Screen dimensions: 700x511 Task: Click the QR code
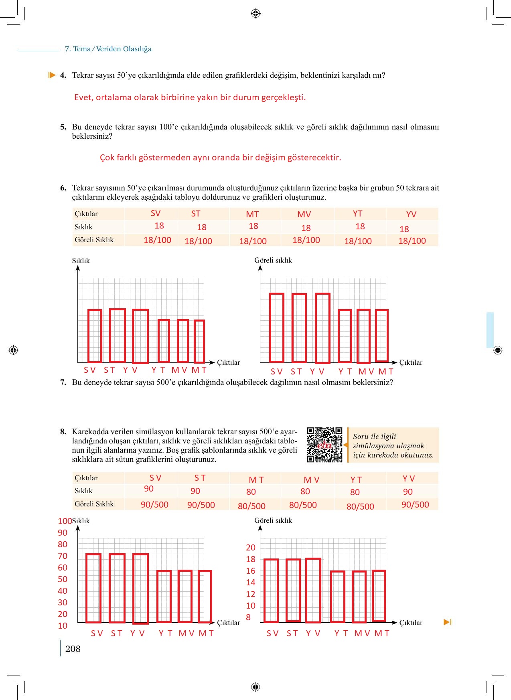(x=324, y=445)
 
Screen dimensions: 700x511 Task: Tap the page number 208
(x=73, y=649)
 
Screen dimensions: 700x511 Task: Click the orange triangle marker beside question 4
(x=52, y=75)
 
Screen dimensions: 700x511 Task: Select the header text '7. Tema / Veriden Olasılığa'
(x=108, y=49)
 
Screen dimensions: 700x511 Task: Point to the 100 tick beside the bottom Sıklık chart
(x=65, y=521)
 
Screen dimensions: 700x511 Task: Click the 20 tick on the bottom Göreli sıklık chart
(x=251, y=547)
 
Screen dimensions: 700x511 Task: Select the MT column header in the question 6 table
(x=252, y=214)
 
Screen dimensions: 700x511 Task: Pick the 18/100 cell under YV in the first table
(x=412, y=241)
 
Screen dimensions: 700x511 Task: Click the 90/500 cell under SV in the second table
(x=154, y=504)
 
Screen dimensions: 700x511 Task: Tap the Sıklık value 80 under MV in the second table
(x=305, y=491)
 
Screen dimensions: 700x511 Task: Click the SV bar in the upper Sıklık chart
(x=95, y=336)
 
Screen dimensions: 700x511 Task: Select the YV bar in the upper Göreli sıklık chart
(x=322, y=328)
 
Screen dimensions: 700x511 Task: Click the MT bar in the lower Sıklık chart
(x=205, y=596)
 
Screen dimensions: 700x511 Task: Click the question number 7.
(x=63, y=382)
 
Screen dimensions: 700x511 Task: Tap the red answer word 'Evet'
(x=83, y=97)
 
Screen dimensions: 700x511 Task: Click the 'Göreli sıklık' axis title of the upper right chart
(x=273, y=260)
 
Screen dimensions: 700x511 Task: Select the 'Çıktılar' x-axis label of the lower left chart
(x=228, y=622)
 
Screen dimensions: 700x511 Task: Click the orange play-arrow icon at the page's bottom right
(x=448, y=622)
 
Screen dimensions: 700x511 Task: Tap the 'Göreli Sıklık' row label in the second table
(x=94, y=504)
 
